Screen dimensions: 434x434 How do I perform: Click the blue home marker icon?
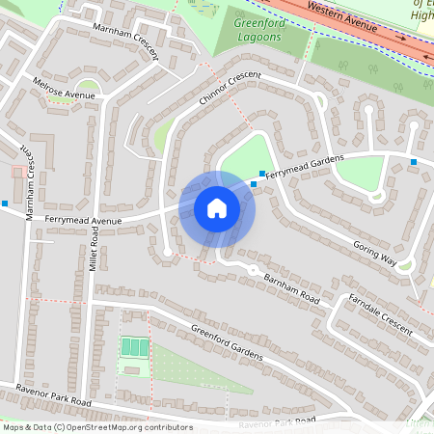point(217,208)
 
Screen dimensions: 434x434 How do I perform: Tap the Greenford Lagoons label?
point(258,29)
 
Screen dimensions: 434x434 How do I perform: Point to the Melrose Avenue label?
point(64,89)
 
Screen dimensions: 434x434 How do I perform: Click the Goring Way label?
point(374,253)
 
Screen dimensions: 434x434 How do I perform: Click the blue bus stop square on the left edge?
point(6,203)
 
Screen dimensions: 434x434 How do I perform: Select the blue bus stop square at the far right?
point(413,161)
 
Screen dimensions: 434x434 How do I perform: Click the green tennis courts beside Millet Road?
point(134,346)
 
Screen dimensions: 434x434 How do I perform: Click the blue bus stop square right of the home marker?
point(254,183)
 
